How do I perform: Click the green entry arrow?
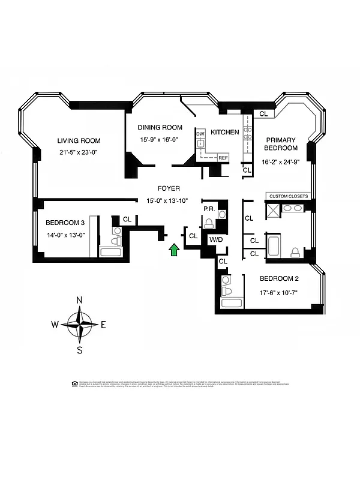pyautogui.click(x=174, y=250)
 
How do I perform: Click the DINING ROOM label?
pyautogui.click(x=160, y=127)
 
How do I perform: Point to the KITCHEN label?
pyautogui.click(x=225, y=132)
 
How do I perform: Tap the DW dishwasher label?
pyautogui.click(x=200, y=133)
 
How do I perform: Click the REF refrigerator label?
pyautogui.click(x=223, y=157)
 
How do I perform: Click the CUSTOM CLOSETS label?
pyautogui.click(x=289, y=196)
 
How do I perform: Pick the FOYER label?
pyautogui.click(x=169, y=188)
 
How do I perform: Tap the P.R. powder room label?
pyautogui.click(x=209, y=209)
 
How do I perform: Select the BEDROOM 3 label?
pyautogui.click(x=65, y=223)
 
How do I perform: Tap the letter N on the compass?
pyautogui.click(x=79, y=301)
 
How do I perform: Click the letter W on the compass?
pyautogui.click(x=55, y=325)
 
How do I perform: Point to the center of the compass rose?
pyautogui.click(x=79, y=325)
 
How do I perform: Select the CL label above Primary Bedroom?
pyautogui.click(x=263, y=113)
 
